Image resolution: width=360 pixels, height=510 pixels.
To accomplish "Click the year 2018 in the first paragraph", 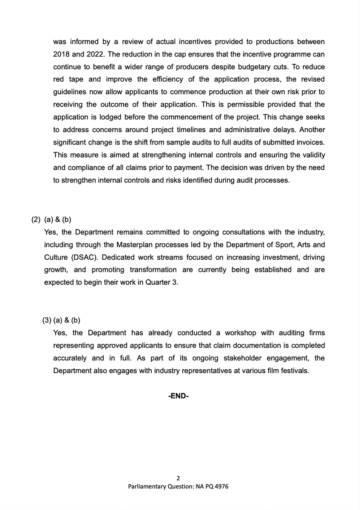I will [62, 55].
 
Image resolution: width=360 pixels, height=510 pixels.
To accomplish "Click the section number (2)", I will [36, 220].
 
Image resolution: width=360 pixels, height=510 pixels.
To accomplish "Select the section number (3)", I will [46, 320].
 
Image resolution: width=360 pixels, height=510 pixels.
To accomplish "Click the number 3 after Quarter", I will [175, 283].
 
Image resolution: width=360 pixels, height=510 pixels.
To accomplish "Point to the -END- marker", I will [179, 396].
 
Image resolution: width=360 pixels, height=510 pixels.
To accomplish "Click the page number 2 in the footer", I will [178, 478].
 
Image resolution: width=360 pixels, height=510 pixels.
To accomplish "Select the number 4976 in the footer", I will [219, 487].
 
